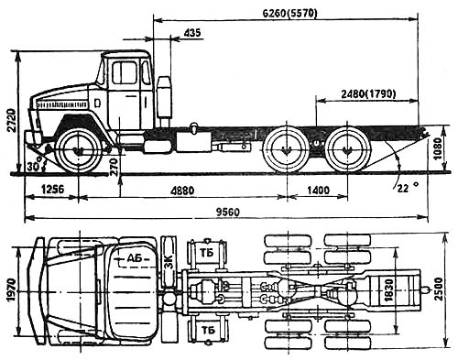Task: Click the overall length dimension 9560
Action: pyautogui.click(x=228, y=212)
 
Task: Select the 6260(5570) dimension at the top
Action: pyautogui.click(x=289, y=13)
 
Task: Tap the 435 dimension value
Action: pyautogui.click(x=192, y=33)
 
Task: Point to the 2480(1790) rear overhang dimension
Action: pyautogui.click(x=368, y=94)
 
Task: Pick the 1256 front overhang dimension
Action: pyautogui.click(x=52, y=190)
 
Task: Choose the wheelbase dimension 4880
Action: pyautogui.click(x=182, y=191)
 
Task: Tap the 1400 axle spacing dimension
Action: pyautogui.click(x=318, y=191)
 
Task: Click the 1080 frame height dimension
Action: pyautogui.click(x=438, y=149)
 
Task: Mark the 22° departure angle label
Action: pyautogui.click(x=408, y=188)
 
